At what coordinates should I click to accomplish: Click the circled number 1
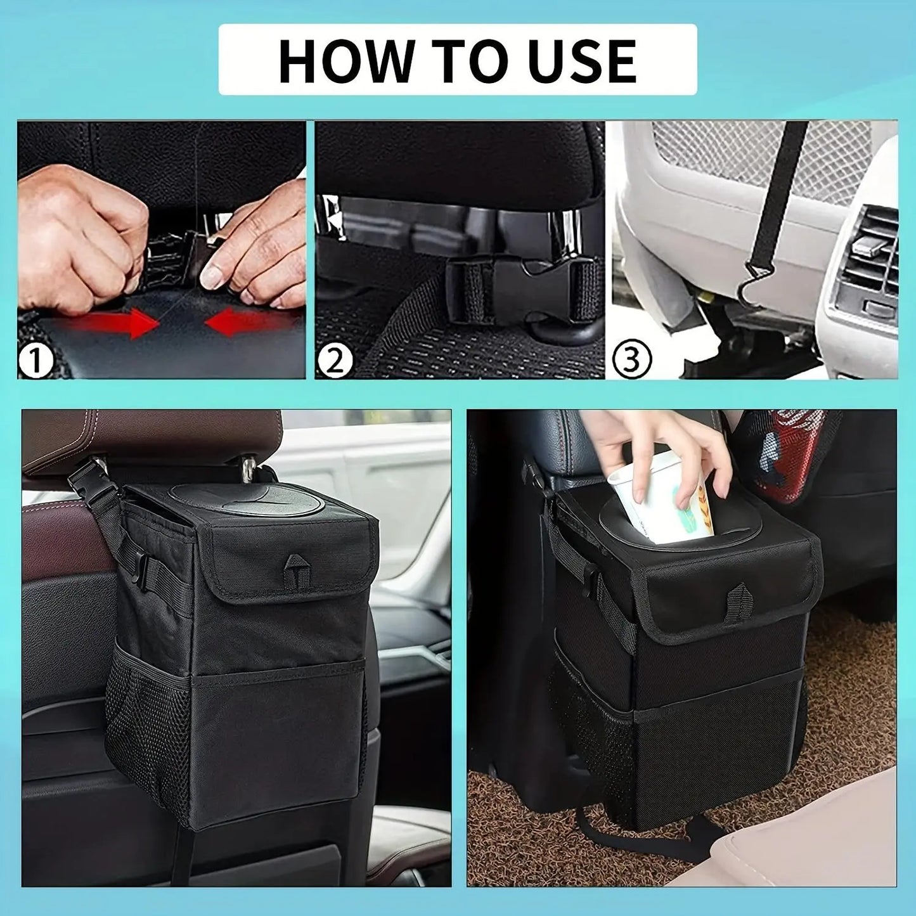coord(35,361)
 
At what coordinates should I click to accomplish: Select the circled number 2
coord(334,361)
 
